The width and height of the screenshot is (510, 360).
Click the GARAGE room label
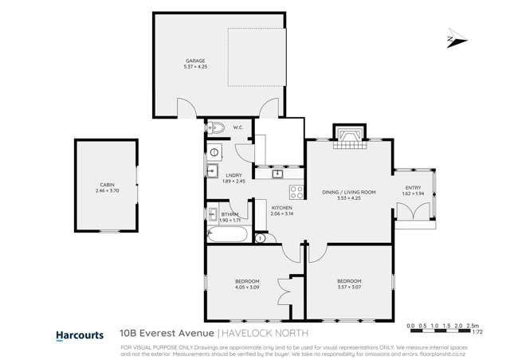[x=195, y=61]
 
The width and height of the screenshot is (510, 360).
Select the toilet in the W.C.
[x=218, y=127]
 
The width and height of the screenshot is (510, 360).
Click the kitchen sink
[x=278, y=173]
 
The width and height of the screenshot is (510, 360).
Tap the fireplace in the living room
[x=348, y=138]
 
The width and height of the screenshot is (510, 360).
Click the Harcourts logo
[x=79, y=335]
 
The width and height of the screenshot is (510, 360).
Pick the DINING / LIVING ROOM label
[x=348, y=192]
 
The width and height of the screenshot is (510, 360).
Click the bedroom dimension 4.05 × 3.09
[x=246, y=287]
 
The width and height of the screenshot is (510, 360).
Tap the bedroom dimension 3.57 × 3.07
[x=349, y=287]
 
